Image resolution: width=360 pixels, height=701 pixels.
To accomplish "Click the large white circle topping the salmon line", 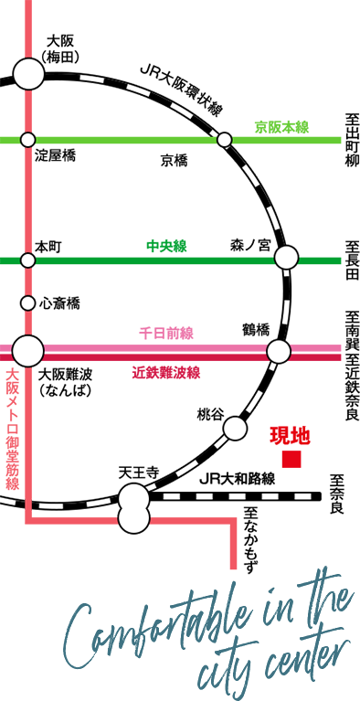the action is [28, 74].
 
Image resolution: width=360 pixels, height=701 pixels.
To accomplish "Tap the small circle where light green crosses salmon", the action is [27, 140].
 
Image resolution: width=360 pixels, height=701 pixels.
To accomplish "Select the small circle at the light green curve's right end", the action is [224, 140].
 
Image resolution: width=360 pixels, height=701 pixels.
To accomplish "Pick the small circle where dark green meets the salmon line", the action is [27, 260].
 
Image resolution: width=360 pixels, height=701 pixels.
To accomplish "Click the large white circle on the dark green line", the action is [286, 258].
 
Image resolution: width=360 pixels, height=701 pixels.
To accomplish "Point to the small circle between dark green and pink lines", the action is [27, 303].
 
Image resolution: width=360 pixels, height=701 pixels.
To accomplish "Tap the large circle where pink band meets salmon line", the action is [27, 350].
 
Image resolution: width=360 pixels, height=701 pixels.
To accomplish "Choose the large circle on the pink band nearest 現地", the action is [279, 351].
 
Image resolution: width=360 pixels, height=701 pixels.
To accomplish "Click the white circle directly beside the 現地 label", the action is [235, 428].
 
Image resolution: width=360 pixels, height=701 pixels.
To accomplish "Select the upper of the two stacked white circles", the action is [134, 498].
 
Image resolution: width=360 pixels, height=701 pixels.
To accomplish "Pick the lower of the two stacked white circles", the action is [134, 519].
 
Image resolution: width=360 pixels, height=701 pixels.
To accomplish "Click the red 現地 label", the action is [290, 436].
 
